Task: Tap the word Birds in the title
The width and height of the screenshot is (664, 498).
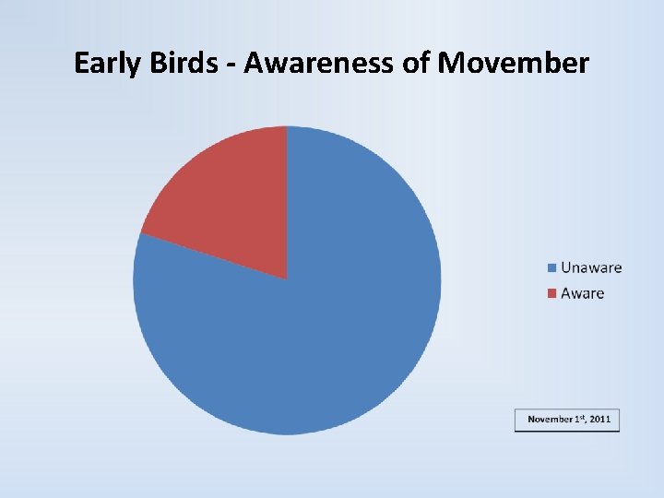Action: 181,64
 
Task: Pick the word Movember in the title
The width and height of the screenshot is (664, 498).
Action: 514,64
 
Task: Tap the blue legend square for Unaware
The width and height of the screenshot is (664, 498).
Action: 551,268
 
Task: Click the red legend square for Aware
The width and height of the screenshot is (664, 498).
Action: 551,293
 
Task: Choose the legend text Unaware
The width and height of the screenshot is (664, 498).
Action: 591,268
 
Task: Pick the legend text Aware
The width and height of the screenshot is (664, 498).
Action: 582,293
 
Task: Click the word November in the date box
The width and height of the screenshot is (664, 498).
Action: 551,420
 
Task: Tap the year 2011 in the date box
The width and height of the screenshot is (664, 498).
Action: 600,420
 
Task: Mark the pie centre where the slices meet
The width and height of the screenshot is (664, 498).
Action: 287,279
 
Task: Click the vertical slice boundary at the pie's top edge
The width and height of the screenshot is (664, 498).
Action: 287,127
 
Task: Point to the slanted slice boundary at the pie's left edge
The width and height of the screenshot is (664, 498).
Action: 140,233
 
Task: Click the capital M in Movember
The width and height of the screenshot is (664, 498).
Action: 454,64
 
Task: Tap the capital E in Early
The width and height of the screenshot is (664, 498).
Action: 81,64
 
